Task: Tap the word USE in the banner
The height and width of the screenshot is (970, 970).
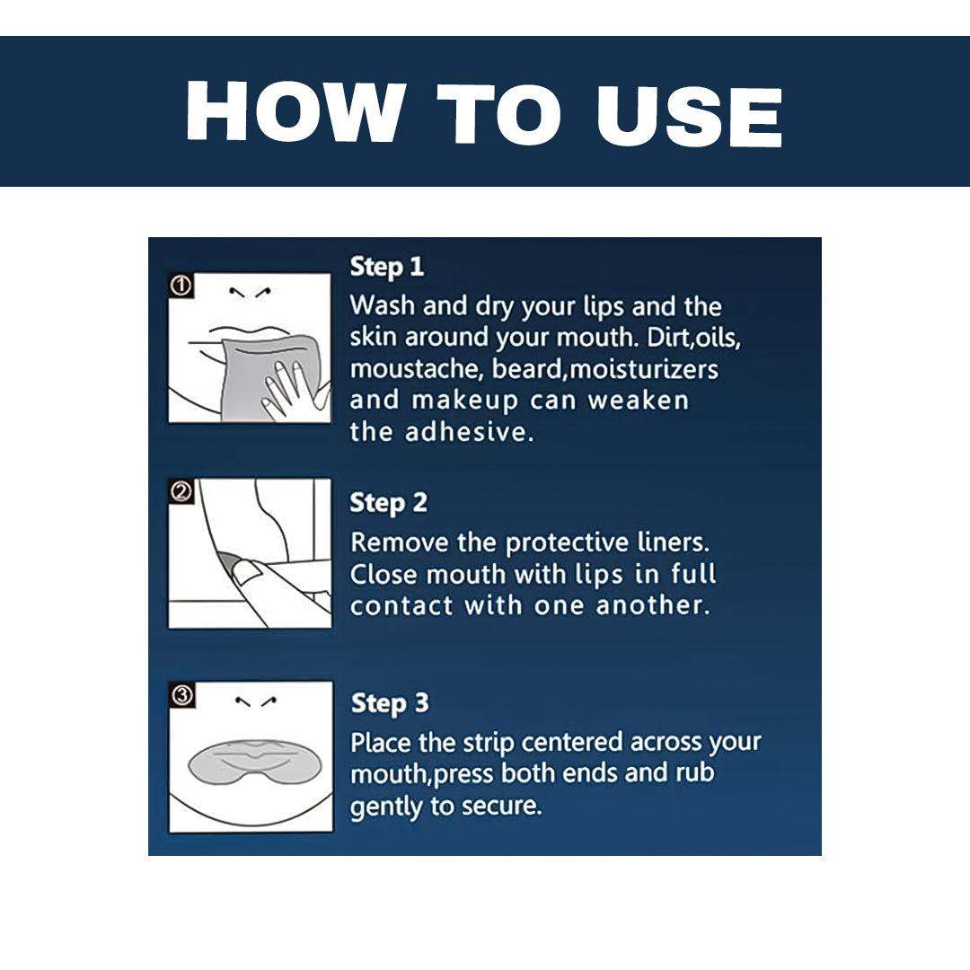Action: (689, 116)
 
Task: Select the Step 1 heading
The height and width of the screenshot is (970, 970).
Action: (386, 268)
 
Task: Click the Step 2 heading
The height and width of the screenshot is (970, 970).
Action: (389, 504)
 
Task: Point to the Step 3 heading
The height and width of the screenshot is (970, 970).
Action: (390, 704)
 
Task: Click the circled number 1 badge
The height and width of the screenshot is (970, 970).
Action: (181, 286)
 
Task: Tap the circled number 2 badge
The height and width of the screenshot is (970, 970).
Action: (181, 492)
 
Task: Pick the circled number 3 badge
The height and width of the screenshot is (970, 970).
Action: (182, 695)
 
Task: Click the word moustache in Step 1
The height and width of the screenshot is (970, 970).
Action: (416, 369)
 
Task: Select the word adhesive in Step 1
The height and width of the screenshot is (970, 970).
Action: (469, 431)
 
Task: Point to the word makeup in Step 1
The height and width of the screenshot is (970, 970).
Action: (465, 401)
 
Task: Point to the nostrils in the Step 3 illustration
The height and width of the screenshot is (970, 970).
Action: (255, 701)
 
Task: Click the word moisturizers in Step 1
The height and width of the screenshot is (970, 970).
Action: (643, 369)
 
